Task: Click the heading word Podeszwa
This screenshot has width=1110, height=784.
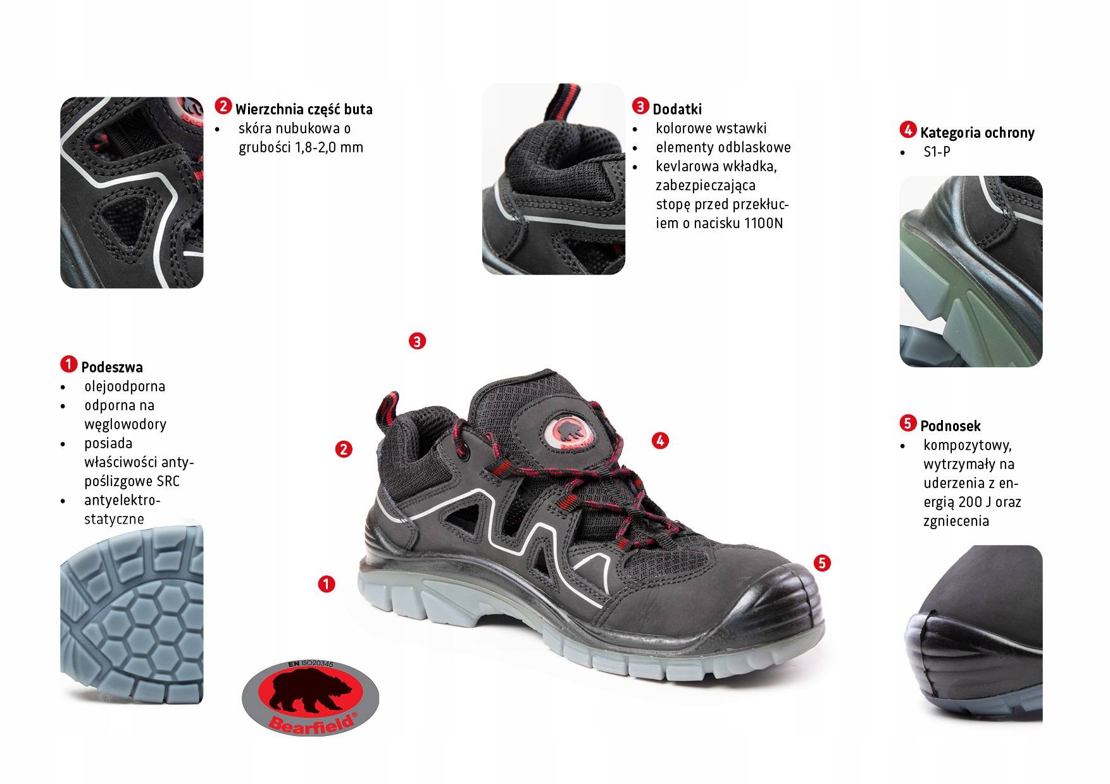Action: (112, 367)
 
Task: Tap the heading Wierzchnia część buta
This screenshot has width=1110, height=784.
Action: (304, 109)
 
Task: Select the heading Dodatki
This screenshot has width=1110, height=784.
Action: (677, 109)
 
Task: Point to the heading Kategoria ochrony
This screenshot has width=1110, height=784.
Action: (977, 133)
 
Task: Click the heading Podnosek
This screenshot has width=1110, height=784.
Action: (950, 426)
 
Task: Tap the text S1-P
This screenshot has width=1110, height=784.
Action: (937, 152)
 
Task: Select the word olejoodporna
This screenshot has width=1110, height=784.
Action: (125, 386)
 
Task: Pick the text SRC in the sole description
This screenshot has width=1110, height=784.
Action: (168, 481)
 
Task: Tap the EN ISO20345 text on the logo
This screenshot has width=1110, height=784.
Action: (310, 664)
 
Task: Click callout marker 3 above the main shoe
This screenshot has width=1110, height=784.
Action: (417, 341)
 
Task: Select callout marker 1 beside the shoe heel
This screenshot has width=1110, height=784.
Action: (327, 584)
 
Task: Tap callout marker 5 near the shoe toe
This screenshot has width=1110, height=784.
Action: (822, 563)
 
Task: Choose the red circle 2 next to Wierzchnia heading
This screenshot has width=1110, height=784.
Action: (223, 106)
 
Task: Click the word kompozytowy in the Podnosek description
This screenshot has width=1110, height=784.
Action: (967, 445)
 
